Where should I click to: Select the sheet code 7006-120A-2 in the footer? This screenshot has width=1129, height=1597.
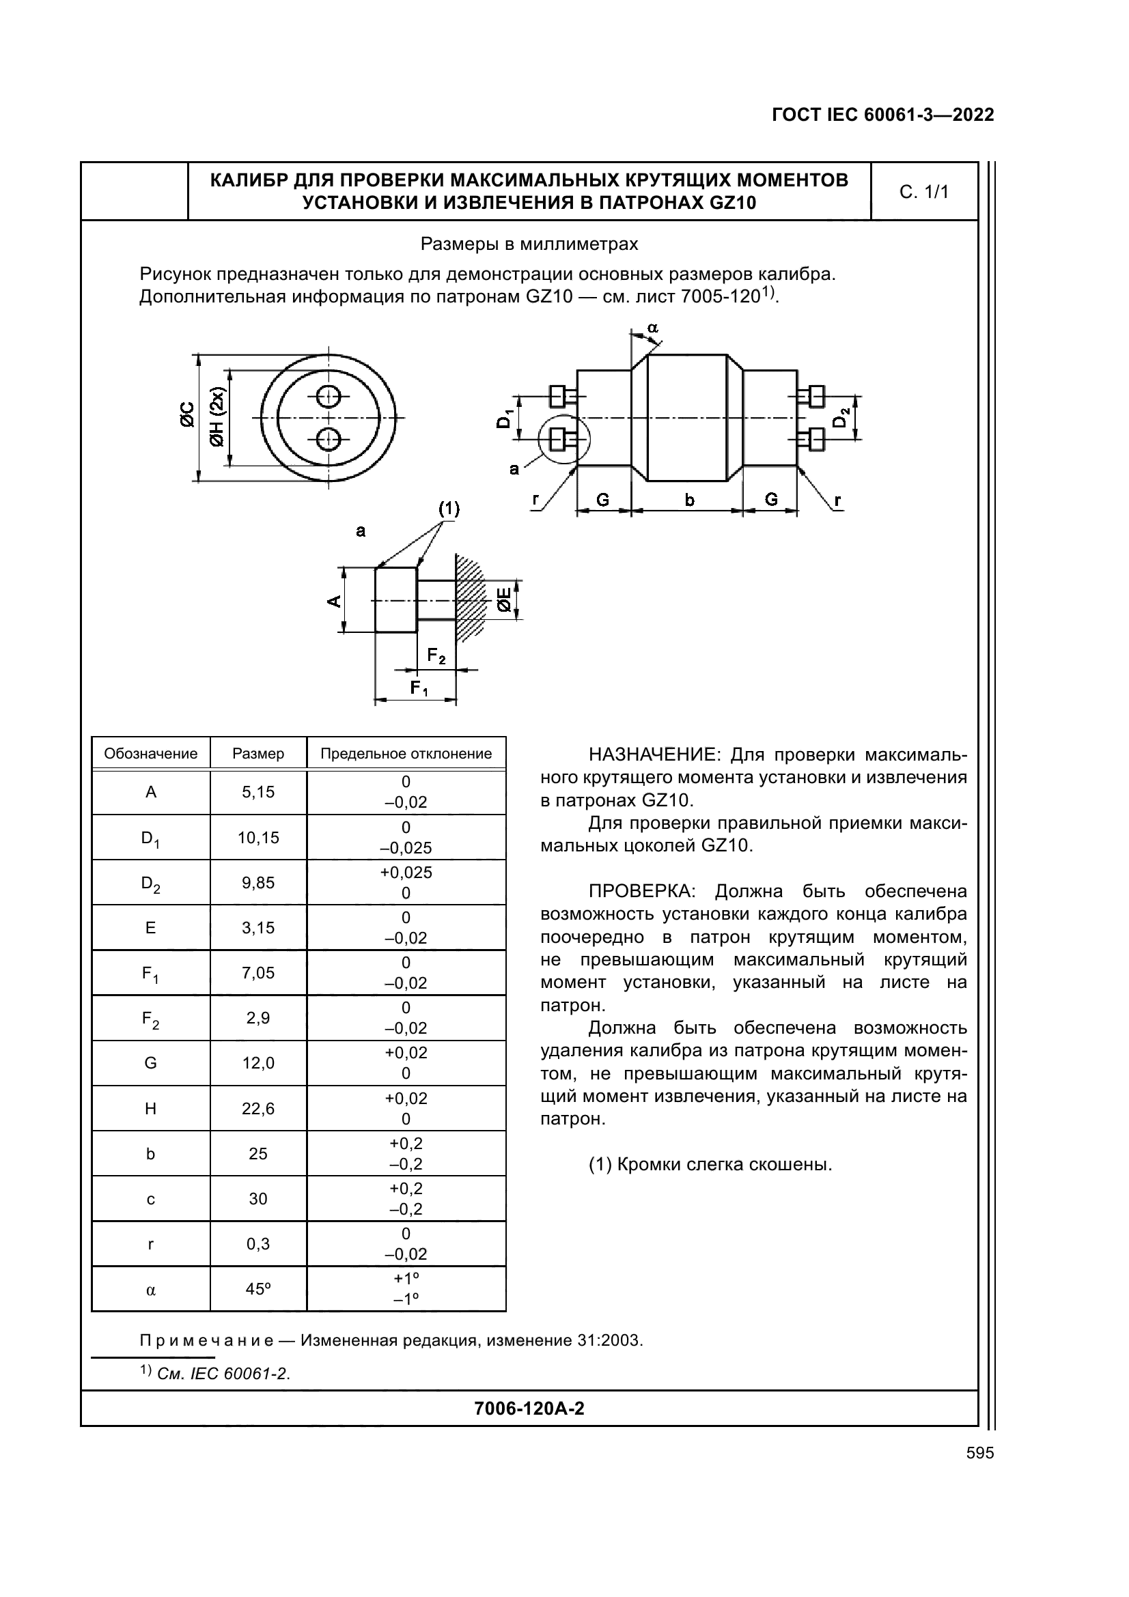click(x=529, y=1409)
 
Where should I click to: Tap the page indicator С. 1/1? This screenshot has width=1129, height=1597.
click(x=924, y=192)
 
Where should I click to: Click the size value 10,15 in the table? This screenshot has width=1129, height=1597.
click(x=258, y=838)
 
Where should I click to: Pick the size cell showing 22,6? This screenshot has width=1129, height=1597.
click(x=258, y=1109)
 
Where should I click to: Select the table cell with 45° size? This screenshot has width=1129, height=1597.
click(x=258, y=1289)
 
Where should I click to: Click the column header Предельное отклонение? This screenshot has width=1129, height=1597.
click(x=406, y=754)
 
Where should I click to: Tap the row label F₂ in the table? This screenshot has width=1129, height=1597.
click(x=151, y=1019)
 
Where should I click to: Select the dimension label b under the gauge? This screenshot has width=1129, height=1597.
click(x=688, y=499)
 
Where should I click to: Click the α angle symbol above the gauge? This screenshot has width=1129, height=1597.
click(x=652, y=328)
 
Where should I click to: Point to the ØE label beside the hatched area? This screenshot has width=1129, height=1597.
click(x=504, y=599)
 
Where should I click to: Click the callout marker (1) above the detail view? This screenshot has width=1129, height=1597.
click(x=449, y=509)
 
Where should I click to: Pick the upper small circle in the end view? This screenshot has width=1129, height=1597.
click(x=328, y=397)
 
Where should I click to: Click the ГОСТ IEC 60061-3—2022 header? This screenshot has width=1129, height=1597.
click(x=882, y=115)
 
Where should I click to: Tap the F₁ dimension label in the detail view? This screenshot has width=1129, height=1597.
click(x=419, y=689)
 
